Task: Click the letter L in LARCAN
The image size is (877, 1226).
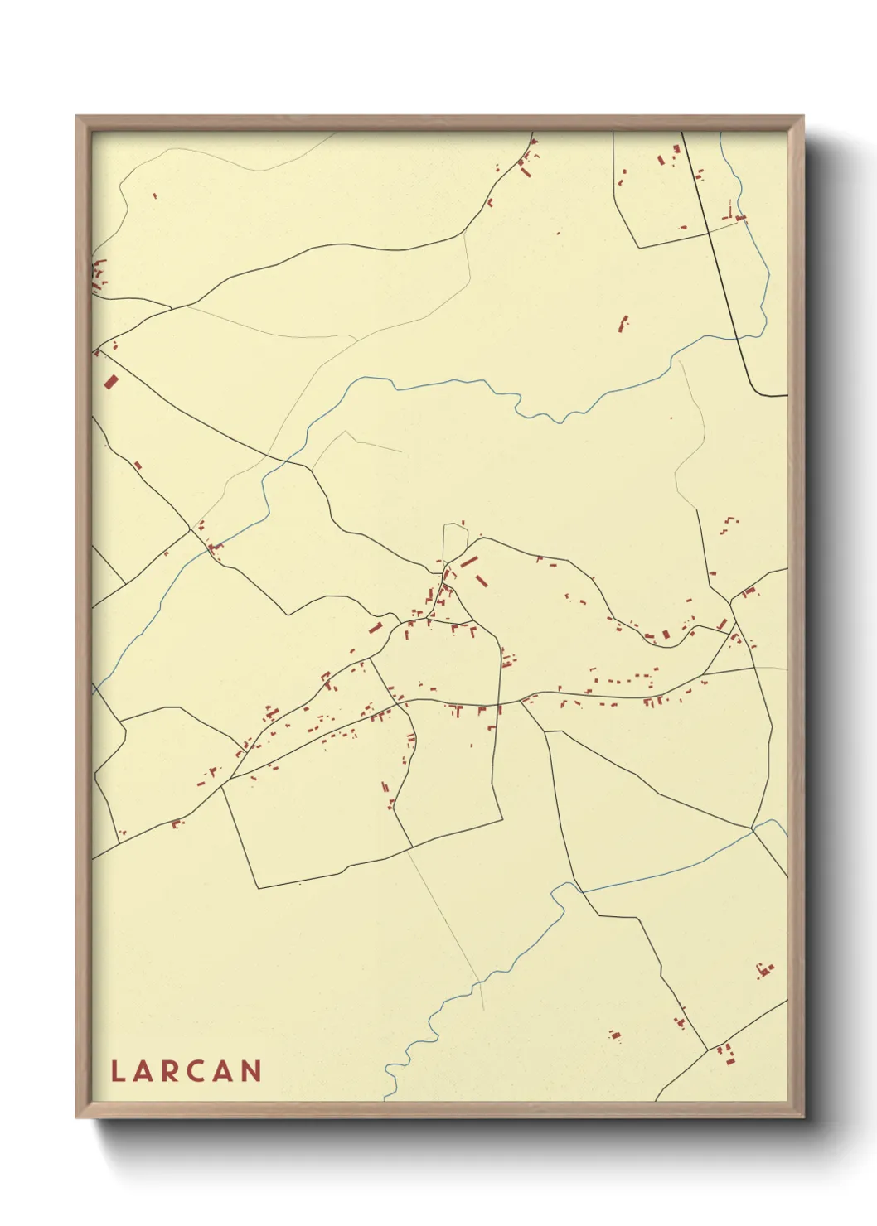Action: click(117, 1071)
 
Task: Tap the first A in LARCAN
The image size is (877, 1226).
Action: click(143, 1071)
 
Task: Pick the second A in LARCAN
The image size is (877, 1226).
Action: click(224, 1071)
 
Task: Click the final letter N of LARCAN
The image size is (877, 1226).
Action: click(252, 1071)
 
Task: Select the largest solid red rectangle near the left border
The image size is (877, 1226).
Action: click(111, 382)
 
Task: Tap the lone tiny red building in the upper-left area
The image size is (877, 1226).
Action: click(155, 196)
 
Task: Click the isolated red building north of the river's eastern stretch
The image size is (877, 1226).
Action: click(623, 323)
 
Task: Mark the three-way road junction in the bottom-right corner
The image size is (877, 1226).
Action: click(707, 1049)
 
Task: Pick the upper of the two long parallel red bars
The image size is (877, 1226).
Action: click(469, 562)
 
